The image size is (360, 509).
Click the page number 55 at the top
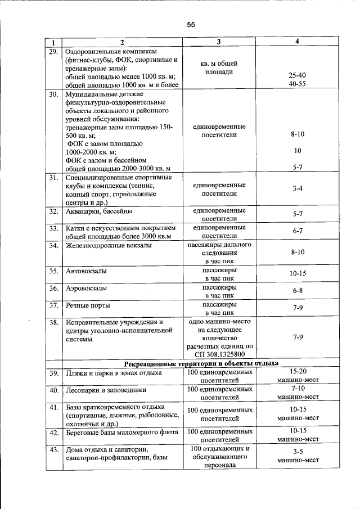click(x=191, y=25)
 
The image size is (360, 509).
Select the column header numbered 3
click(x=219, y=42)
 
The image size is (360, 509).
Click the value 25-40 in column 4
click(x=297, y=75)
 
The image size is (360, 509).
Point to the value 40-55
click(x=297, y=84)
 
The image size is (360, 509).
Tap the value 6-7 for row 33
click(x=298, y=231)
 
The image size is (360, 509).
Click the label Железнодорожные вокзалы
click(x=108, y=246)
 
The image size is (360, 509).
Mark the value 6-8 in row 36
click(x=298, y=291)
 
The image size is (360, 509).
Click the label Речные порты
click(x=87, y=306)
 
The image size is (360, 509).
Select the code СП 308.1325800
click(x=219, y=354)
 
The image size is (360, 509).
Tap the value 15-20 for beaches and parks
click(x=298, y=371)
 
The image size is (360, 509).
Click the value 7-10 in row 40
click(x=298, y=388)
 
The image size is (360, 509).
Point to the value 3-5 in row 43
click(x=298, y=452)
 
